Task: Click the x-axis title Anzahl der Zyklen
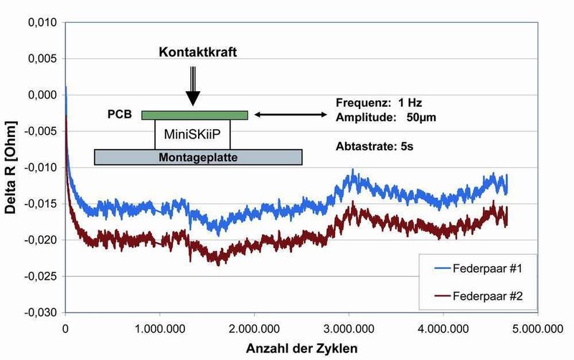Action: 299,346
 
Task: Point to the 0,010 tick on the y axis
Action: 42,23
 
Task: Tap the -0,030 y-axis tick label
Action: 42,312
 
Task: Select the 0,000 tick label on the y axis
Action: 42,95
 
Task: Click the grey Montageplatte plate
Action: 197,156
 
